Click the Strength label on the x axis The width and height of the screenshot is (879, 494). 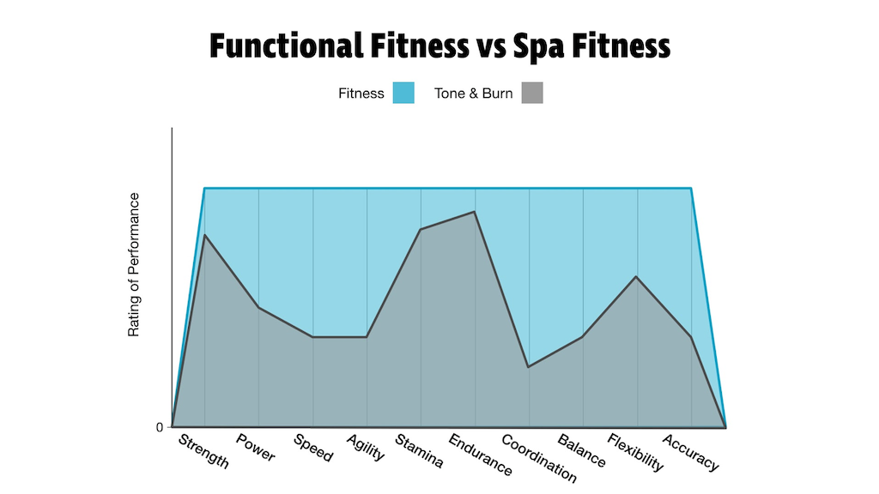[x=203, y=451]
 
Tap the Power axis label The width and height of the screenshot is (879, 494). [x=256, y=448]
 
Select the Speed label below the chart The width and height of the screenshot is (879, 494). [x=312, y=448]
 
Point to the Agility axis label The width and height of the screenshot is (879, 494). [x=365, y=448]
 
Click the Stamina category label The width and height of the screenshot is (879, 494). [x=418, y=451]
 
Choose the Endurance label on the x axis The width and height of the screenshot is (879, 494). [x=480, y=455]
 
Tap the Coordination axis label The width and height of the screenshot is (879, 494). [x=538, y=459]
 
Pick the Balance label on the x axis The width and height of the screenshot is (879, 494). [x=581, y=451]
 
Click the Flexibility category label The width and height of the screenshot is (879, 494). [x=635, y=453]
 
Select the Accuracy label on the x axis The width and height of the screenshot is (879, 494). [x=690, y=451]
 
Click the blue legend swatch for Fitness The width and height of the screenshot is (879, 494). [x=403, y=93]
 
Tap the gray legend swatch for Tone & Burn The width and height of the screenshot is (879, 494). [x=532, y=93]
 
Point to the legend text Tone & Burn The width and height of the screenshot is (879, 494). [x=474, y=93]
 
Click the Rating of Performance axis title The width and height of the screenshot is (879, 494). [x=134, y=264]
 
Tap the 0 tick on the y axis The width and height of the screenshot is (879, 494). [x=160, y=427]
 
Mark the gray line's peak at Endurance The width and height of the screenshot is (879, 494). [x=475, y=211]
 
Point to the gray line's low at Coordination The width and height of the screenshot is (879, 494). [x=529, y=367]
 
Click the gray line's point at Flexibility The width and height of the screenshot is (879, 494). [x=636, y=276]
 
